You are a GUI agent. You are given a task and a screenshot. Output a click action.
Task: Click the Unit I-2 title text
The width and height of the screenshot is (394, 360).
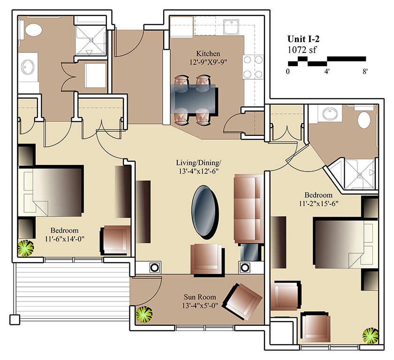(x=303, y=39)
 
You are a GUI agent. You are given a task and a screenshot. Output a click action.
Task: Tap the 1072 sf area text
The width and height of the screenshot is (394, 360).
(x=302, y=50)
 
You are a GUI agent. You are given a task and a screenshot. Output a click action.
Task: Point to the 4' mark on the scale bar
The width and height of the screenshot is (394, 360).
(x=326, y=72)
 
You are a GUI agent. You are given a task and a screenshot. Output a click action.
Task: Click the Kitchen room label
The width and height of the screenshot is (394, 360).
(x=208, y=53)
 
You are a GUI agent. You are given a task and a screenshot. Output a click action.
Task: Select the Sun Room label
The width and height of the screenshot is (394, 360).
(x=200, y=297)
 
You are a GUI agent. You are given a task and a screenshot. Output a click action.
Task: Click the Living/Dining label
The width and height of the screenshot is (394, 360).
(x=198, y=163)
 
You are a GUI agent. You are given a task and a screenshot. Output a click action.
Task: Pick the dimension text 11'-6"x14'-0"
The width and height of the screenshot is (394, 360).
(x=65, y=239)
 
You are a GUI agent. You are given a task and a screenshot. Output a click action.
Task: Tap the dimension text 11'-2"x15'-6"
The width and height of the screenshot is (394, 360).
(x=318, y=203)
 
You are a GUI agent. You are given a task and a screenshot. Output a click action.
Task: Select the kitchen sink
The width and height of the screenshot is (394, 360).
(x=232, y=27)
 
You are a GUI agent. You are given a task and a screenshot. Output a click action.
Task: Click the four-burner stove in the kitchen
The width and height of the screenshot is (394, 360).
(x=253, y=67)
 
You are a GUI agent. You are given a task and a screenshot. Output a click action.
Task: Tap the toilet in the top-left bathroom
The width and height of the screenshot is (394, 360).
(x=33, y=30)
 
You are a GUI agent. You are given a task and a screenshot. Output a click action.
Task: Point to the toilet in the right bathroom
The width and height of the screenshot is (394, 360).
(x=364, y=120)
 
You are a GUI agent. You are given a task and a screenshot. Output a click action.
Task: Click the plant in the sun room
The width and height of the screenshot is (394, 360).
(x=144, y=315)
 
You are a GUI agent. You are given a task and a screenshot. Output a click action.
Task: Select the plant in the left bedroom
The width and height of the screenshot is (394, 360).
(x=26, y=248)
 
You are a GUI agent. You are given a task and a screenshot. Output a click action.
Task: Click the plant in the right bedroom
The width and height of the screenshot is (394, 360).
(x=371, y=336)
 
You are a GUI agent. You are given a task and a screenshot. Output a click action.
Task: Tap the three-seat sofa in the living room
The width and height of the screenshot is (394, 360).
(x=249, y=209)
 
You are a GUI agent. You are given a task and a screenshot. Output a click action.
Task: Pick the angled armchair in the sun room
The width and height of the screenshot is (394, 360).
(x=243, y=301)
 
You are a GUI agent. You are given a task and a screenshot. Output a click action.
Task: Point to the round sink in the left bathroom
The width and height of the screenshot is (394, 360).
(x=28, y=67)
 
